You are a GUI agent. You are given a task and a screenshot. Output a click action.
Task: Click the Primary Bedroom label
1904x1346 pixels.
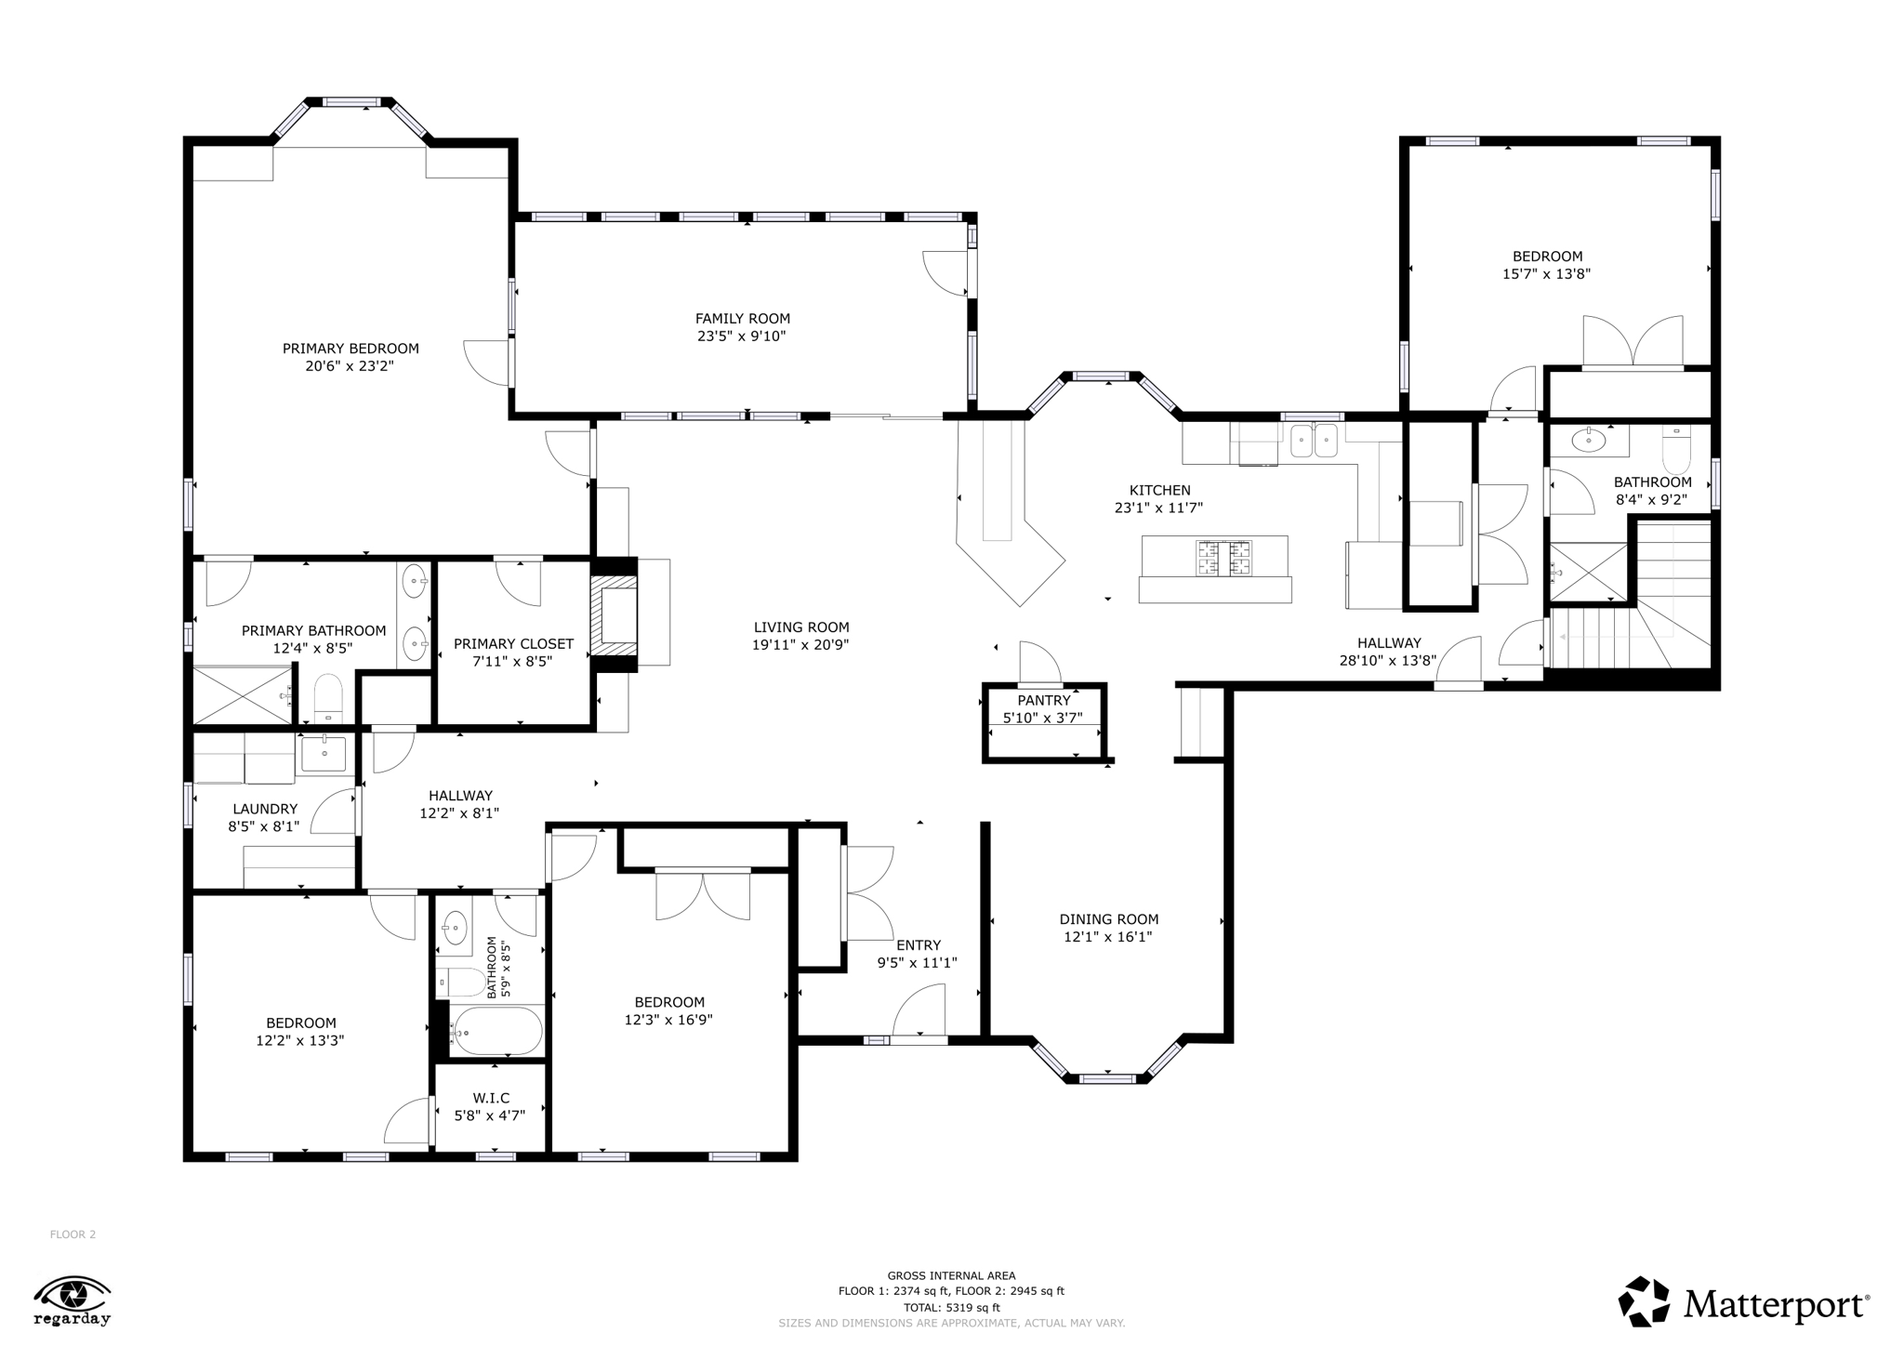[x=350, y=349]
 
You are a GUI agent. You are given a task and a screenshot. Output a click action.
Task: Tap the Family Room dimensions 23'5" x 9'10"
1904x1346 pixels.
[x=742, y=336]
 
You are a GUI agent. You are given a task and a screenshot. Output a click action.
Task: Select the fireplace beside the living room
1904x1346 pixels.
[x=614, y=614]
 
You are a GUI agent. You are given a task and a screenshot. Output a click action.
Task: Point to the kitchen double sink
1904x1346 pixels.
[x=1314, y=441]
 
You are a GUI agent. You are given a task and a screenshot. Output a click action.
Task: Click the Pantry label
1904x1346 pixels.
[x=1044, y=700]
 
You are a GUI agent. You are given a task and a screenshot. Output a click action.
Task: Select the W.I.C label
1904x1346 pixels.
[x=491, y=1098]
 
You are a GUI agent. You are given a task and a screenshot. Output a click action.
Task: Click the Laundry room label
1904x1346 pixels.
[x=265, y=809]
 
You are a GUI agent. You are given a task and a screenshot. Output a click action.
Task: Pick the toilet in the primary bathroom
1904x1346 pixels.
[x=328, y=698]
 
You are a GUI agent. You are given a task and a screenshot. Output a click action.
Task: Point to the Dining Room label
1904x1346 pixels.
[x=1109, y=919]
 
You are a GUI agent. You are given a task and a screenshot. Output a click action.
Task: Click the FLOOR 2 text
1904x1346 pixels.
[x=73, y=1234]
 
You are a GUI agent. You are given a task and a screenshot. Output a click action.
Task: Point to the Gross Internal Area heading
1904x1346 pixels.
[x=951, y=1275]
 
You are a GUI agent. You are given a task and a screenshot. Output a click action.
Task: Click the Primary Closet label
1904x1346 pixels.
[x=513, y=643]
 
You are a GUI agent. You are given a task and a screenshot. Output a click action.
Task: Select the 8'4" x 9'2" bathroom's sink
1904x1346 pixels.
[x=1589, y=441]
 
